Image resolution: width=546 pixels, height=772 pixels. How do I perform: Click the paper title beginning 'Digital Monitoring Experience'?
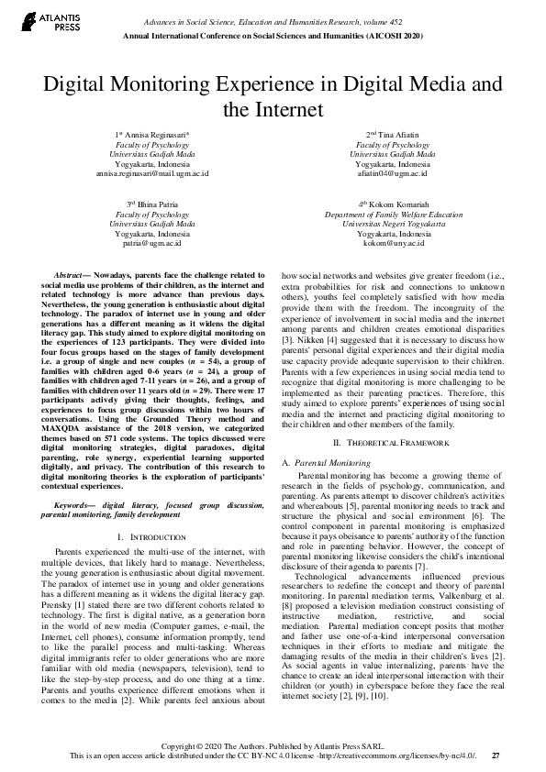(273, 96)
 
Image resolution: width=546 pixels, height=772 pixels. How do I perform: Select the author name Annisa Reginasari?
(156, 135)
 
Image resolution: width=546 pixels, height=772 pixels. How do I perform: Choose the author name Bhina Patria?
(152, 204)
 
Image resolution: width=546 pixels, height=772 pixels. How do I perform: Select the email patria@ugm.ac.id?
(152, 243)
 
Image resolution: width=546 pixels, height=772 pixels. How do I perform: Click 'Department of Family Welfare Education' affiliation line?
(392, 214)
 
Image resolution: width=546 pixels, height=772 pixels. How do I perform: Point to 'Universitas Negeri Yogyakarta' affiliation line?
(392, 224)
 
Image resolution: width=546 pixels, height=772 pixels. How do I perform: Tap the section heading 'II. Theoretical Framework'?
(392, 443)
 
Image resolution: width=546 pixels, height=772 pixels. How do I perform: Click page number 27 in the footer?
(496, 755)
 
